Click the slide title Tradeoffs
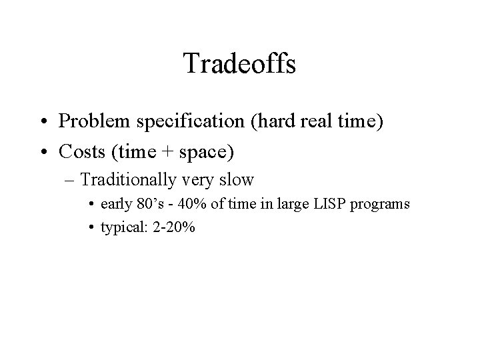239,64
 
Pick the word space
209,153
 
